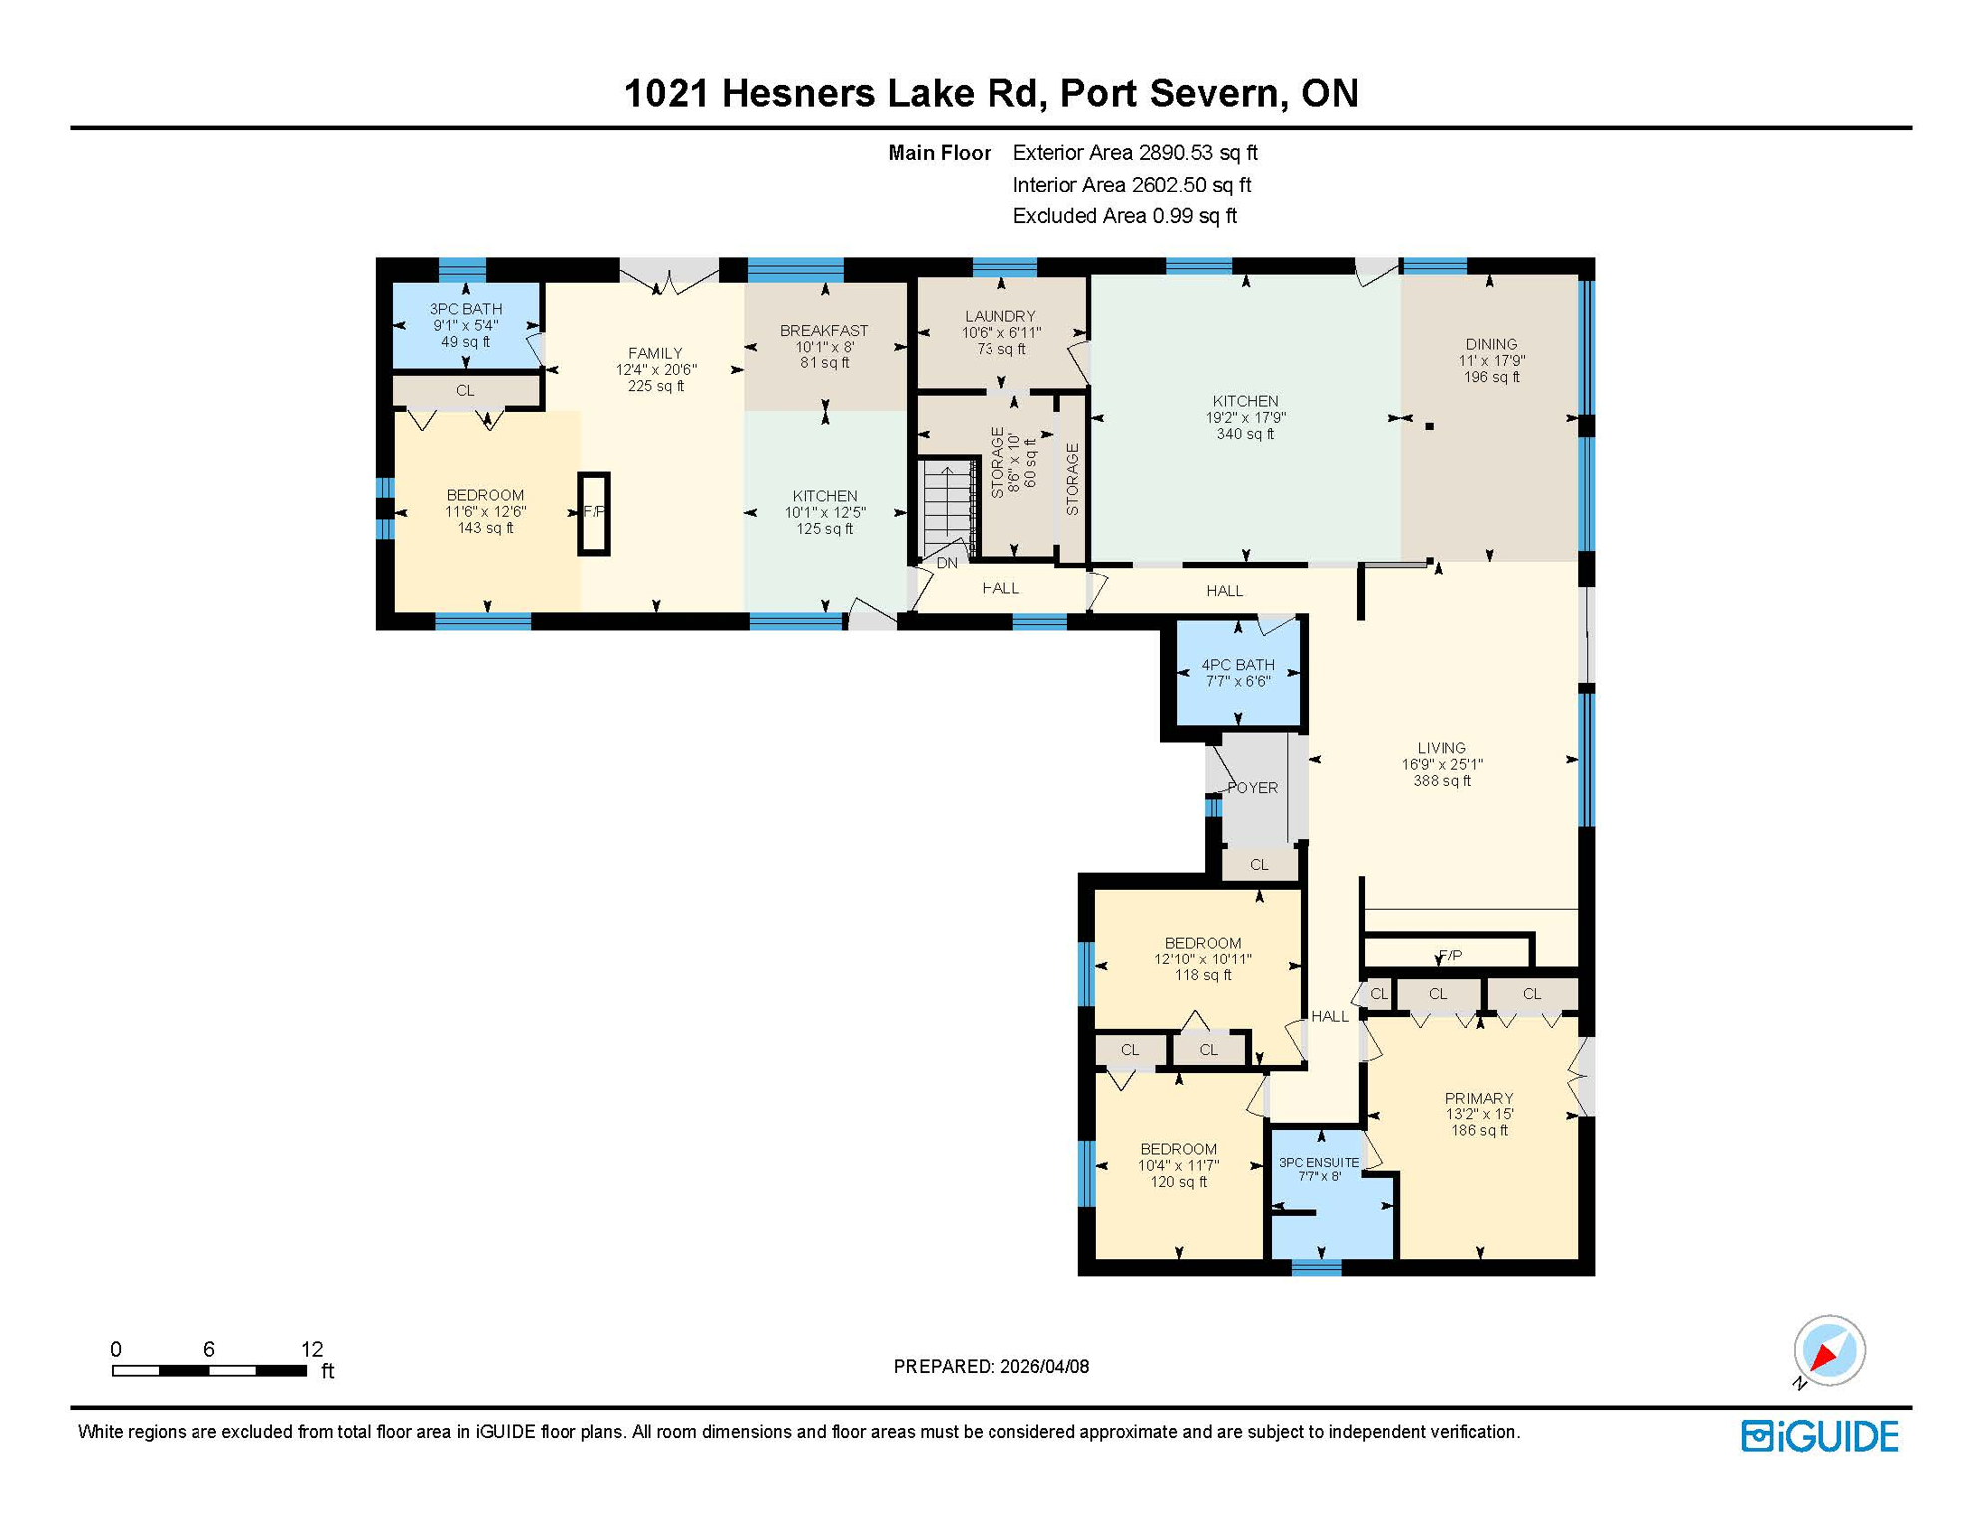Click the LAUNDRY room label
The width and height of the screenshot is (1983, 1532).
tap(999, 316)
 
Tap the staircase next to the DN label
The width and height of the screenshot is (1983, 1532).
tap(947, 504)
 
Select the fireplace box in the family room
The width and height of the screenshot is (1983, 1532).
tap(595, 513)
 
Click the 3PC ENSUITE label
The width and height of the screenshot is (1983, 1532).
tap(1318, 1162)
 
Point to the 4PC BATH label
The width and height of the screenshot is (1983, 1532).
tap(1237, 665)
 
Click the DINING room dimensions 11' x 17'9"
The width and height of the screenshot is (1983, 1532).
tap(1491, 361)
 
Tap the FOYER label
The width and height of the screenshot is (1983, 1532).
tap(1252, 787)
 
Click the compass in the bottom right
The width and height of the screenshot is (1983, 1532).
tap(1829, 1350)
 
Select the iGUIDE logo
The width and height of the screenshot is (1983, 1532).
tap(1819, 1436)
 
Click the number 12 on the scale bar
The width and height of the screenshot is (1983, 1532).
tap(312, 1349)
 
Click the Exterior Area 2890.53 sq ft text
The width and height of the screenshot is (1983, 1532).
tap(1134, 153)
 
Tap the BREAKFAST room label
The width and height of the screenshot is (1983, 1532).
tap(824, 330)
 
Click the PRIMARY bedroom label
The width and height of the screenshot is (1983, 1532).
tap(1478, 1098)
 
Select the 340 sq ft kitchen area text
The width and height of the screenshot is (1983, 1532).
tap(1245, 434)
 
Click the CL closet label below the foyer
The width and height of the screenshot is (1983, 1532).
tap(1259, 865)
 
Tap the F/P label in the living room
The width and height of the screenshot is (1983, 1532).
tap(1450, 956)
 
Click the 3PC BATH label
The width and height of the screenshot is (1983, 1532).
tap(466, 309)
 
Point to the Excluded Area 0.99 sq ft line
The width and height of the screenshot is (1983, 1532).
tap(1124, 216)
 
